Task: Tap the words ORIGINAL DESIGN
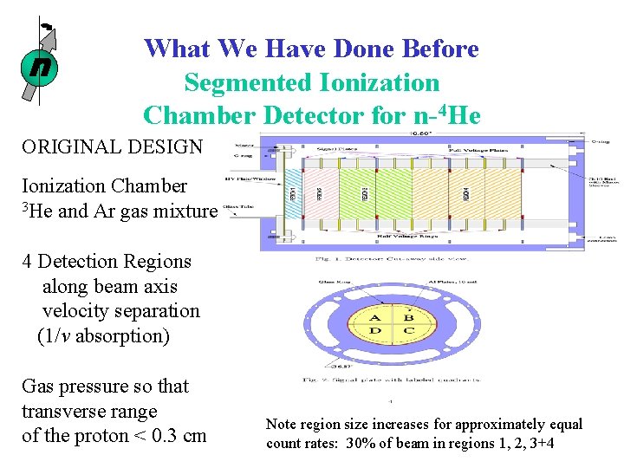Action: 112,146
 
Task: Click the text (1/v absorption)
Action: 103,335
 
